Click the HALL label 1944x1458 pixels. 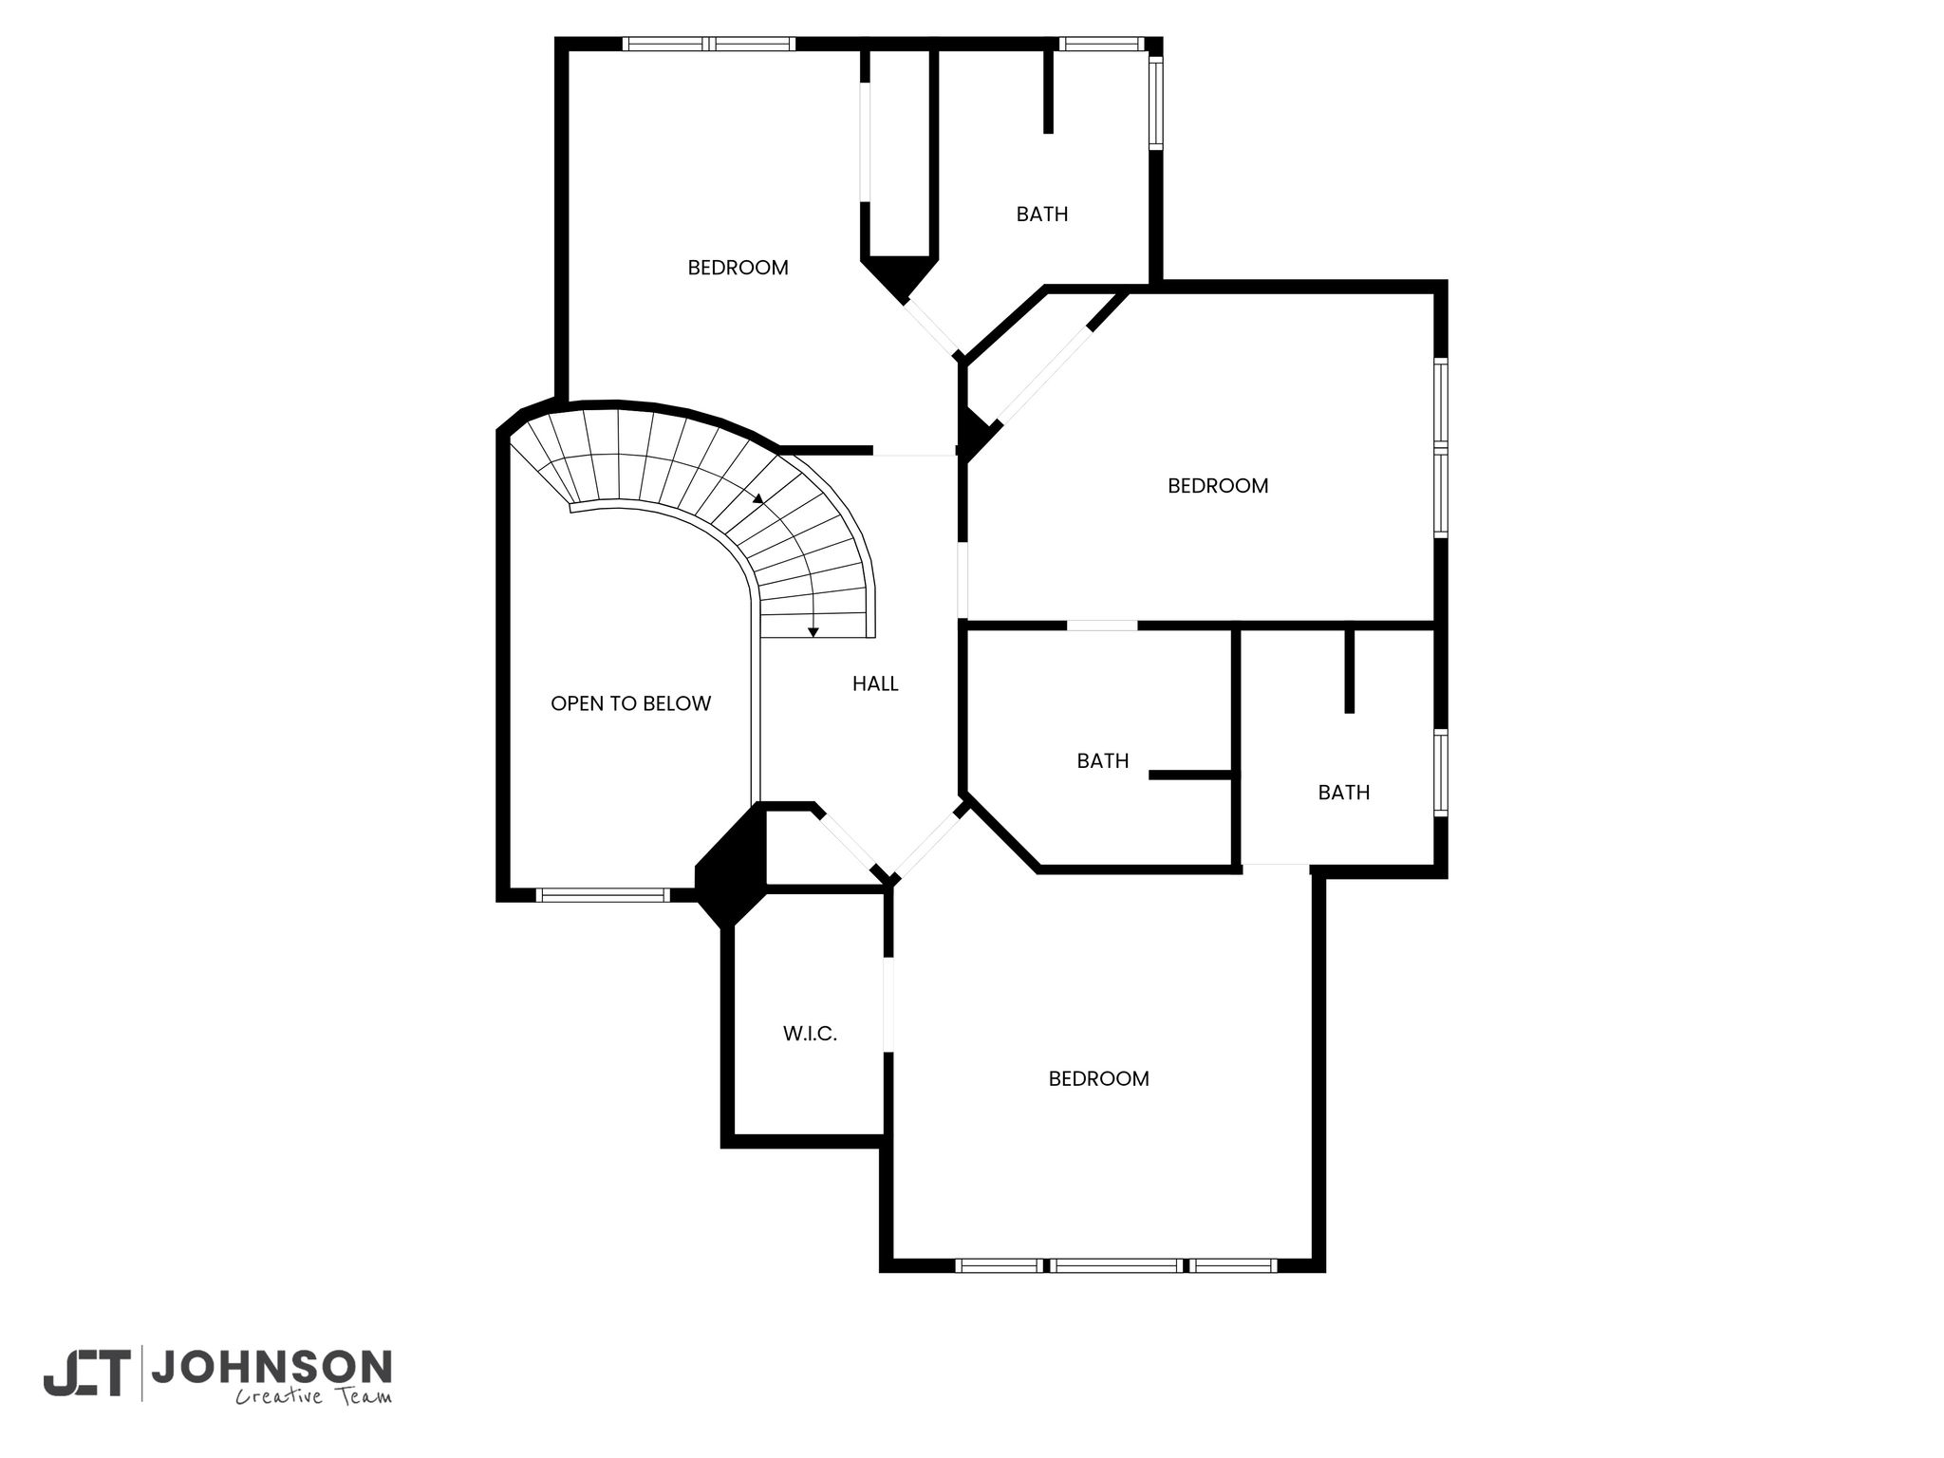point(875,683)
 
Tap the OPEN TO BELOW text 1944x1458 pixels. point(630,703)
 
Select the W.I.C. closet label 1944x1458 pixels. point(810,1035)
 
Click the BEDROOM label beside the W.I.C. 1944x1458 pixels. point(1098,1078)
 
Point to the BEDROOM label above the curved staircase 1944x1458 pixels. point(738,268)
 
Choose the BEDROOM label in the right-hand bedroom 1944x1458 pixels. point(1218,486)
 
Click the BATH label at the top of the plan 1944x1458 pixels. point(1042,215)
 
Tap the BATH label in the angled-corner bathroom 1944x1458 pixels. point(1103,760)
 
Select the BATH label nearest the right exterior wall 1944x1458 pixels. point(1344,793)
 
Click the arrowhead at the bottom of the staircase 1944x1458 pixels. point(813,632)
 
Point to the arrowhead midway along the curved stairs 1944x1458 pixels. point(758,498)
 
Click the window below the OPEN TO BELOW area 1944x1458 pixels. point(603,894)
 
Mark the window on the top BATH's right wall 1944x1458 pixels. point(1155,102)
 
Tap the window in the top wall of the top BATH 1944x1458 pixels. point(1101,44)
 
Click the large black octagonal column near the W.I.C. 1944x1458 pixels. point(730,865)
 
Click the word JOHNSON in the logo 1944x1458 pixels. point(271,1367)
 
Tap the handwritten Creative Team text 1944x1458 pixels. point(313,1396)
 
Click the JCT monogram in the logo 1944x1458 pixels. point(85,1373)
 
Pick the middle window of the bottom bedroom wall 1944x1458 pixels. point(1116,1265)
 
